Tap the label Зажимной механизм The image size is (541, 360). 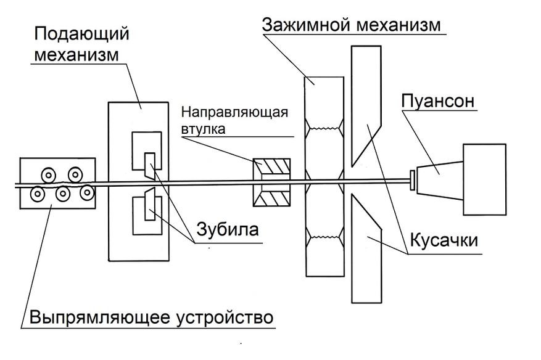click(352, 25)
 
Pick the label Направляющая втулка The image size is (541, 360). click(234, 120)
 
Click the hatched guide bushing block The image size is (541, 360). click(272, 183)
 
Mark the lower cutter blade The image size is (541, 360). click(368, 247)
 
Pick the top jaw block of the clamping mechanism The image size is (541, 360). click(324, 102)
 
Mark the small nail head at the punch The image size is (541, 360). click(411, 179)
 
